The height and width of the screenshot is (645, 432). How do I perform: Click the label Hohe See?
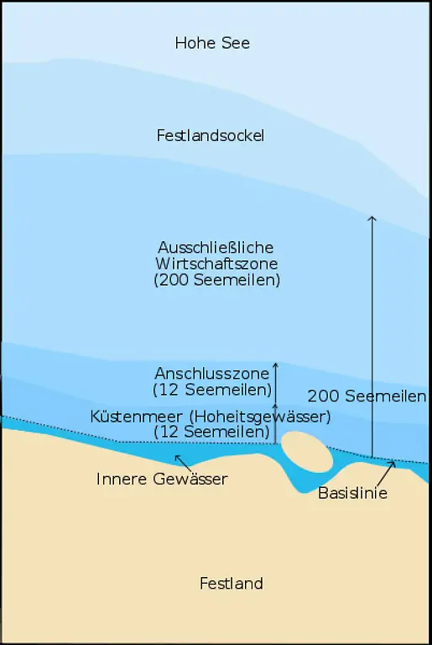point(212,43)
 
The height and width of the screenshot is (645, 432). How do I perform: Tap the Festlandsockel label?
point(211,135)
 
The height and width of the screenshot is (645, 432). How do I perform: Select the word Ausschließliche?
point(216,248)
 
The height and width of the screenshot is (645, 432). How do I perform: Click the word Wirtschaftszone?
point(216,264)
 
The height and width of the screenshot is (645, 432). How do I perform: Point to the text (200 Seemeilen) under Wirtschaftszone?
point(216,281)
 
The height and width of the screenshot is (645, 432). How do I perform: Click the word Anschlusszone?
point(211,373)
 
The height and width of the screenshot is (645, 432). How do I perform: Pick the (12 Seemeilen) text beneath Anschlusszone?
point(213,390)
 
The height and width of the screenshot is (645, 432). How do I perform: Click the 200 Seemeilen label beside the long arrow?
point(367,396)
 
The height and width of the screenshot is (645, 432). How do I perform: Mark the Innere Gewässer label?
point(162,479)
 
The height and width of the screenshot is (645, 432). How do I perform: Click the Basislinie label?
point(352,493)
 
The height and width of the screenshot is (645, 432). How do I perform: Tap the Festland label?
point(231,583)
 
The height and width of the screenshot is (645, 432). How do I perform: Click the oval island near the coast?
point(306,452)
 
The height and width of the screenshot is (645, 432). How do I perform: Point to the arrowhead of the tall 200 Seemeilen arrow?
point(372,218)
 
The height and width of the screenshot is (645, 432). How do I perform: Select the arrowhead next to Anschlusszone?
point(274,366)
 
